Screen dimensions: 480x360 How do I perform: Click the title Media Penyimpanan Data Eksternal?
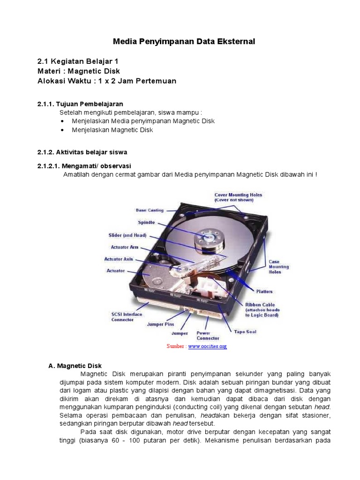click(x=184, y=42)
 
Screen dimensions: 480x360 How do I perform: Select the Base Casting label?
click(x=150, y=210)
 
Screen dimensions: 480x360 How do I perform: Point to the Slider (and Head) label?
click(x=127, y=235)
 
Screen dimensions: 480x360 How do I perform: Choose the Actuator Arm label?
click(x=124, y=247)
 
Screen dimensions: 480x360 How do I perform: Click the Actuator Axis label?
click(x=119, y=259)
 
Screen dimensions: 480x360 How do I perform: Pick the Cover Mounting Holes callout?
click(x=238, y=197)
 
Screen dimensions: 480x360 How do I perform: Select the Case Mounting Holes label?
click(x=278, y=267)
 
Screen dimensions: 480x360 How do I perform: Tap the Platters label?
click(x=264, y=291)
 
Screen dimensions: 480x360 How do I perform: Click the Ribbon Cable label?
click(x=262, y=310)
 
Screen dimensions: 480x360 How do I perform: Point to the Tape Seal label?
click(x=245, y=332)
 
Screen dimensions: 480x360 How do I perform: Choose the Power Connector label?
click(x=208, y=336)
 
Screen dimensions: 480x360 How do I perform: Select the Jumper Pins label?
click(x=160, y=324)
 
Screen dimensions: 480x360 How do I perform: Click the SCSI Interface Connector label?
click(x=127, y=317)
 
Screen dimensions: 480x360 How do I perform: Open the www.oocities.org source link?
click(x=208, y=346)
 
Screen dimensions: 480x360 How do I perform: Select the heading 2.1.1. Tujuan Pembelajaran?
click(x=80, y=104)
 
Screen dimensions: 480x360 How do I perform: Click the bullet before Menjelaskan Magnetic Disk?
click(x=63, y=130)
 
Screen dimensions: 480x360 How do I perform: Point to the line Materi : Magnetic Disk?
click(x=79, y=71)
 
